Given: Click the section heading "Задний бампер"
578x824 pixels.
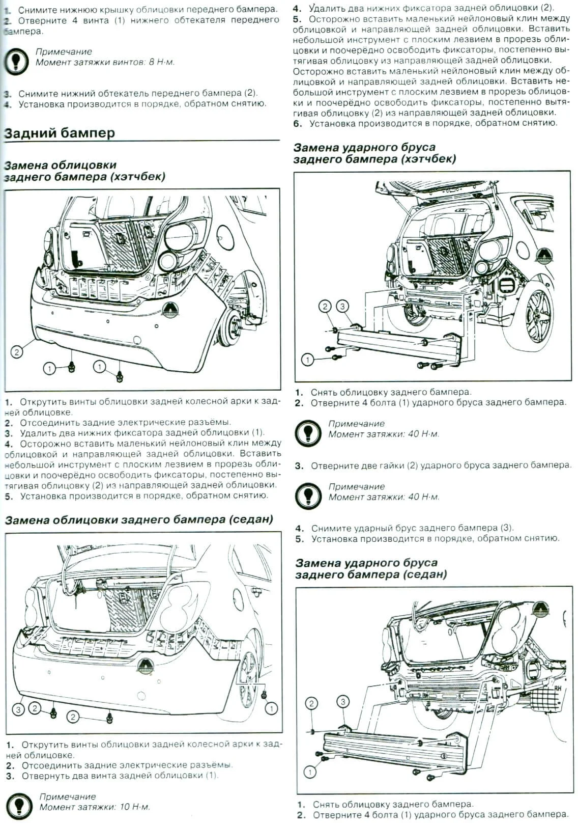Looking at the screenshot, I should tap(60, 133).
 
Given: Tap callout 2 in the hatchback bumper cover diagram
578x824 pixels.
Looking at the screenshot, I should tap(17, 351).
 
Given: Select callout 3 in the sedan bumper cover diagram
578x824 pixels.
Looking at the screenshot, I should tap(18, 709).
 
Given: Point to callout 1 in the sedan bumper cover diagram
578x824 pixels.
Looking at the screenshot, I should tap(271, 708).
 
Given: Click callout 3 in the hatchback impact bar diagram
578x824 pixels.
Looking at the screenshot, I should tap(343, 307).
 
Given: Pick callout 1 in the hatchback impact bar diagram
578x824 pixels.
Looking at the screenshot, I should tap(307, 360).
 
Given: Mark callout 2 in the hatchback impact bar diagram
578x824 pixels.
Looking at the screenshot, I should tap(325, 307).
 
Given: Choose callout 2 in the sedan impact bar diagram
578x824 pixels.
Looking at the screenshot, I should tap(311, 703).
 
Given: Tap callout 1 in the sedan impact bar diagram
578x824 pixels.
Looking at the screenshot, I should tap(309, 772).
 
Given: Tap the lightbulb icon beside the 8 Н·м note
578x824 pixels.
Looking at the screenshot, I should tap(16, 60).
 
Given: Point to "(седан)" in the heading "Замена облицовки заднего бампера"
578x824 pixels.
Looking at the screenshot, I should tap(251, 519).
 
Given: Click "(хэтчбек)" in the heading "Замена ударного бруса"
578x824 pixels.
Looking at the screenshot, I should tap(428, 159).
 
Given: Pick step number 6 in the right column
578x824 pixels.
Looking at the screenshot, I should tap(298, 123).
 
